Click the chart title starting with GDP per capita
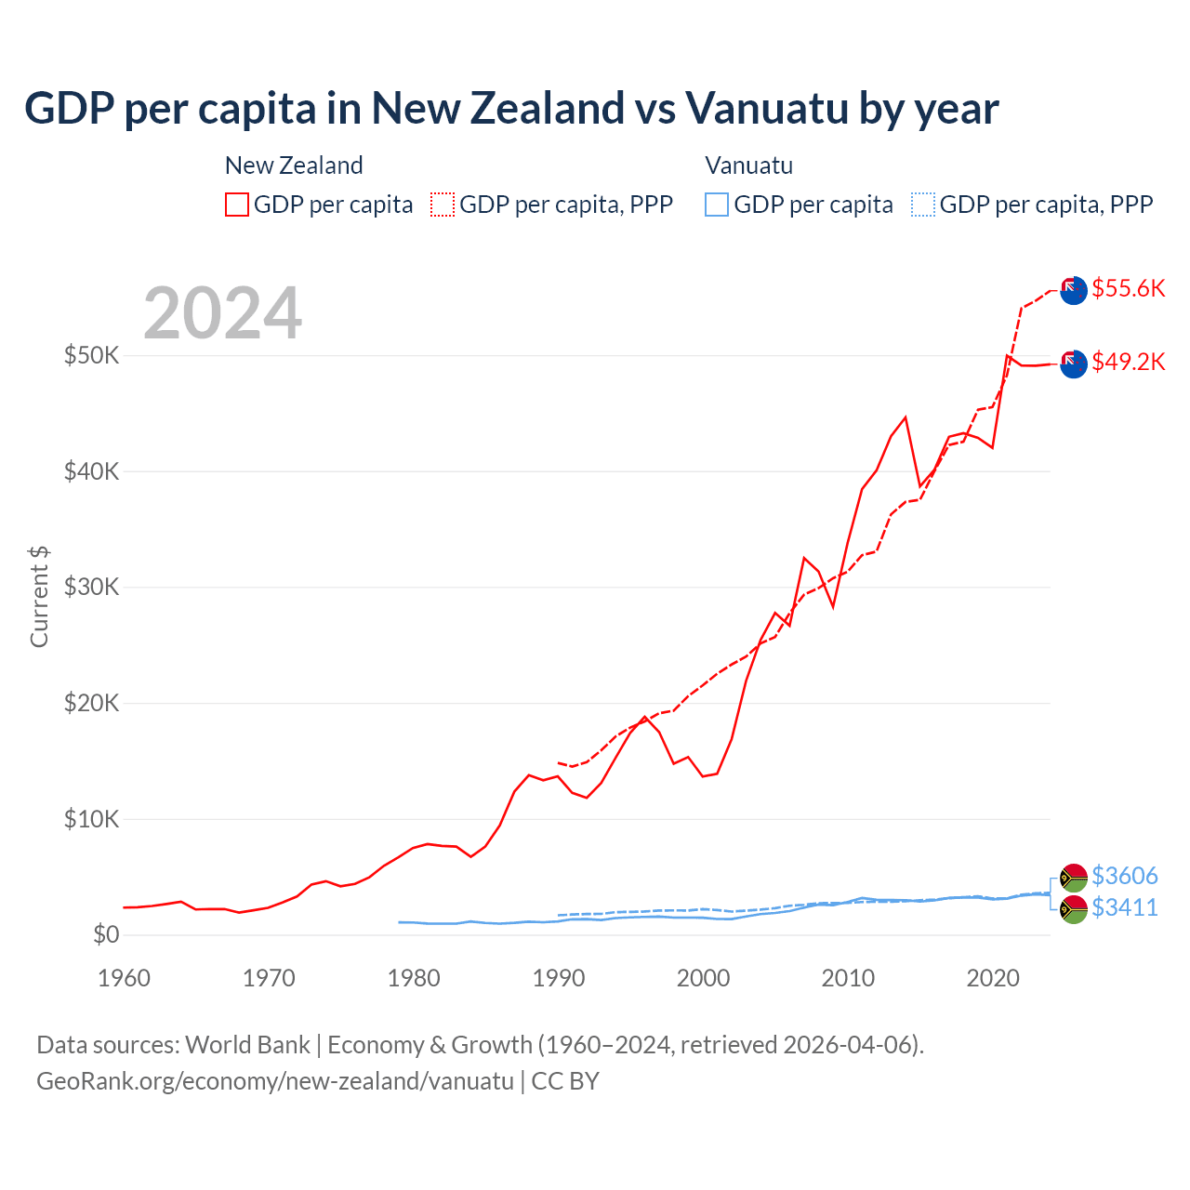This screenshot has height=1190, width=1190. click(511, 108)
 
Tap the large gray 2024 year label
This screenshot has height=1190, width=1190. click(222, 313)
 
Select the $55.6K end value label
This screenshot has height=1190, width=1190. click(1128, 288)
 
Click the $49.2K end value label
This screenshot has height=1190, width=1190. click(1128, 362)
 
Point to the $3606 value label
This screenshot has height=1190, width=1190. click(1124, 876)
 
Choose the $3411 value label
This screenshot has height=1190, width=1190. click(1124, 907)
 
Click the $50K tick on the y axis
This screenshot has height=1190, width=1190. click(91, 355)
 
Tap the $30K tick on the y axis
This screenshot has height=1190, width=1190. click(91, 587)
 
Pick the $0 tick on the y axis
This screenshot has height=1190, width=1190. click(106, 934)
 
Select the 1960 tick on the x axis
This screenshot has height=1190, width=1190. click(124, 978)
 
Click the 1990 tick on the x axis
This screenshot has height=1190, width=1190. click(559, 978)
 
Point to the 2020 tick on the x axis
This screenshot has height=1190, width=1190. click(993, 978)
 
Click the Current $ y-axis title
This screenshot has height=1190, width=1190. click(39, 596)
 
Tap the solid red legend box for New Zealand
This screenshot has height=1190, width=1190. click(237, 205)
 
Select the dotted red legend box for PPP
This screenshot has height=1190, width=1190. click(443, 205)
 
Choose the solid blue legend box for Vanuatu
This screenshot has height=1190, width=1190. click(717, 205)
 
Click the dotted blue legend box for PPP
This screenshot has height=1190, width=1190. click(923, 205)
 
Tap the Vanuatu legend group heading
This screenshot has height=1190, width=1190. click(748, 165)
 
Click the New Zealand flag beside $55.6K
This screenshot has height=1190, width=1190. click(1073, 290)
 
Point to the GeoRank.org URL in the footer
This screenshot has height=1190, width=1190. click(275, 1081)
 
